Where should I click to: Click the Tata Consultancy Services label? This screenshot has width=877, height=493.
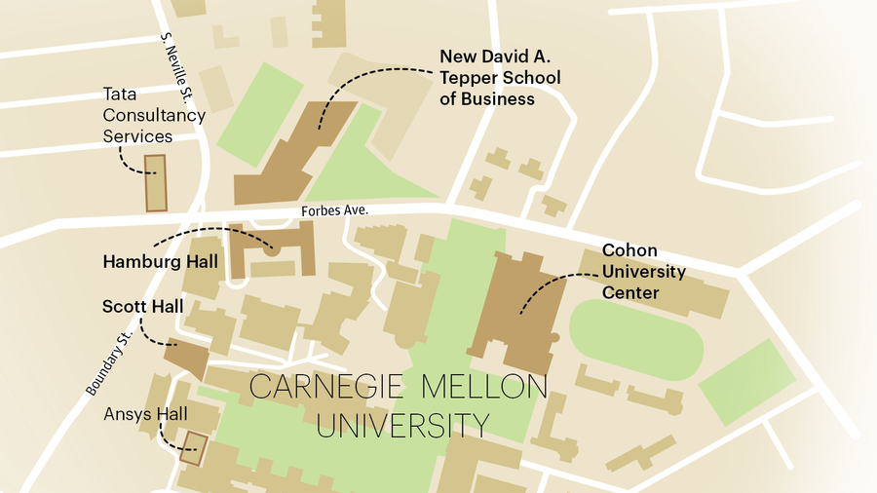coord(154,115)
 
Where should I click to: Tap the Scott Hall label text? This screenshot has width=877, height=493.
coord(142,307)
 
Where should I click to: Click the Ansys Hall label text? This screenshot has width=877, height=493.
coord(144,414)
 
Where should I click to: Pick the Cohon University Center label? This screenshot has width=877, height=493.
coord(643,271)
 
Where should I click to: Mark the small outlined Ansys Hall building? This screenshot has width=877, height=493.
coord(195,448)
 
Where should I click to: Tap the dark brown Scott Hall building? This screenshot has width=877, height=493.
coord(187,358)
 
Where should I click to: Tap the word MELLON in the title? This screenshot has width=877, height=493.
coord(484,387)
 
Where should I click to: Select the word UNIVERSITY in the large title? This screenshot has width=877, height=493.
coord(401,426)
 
